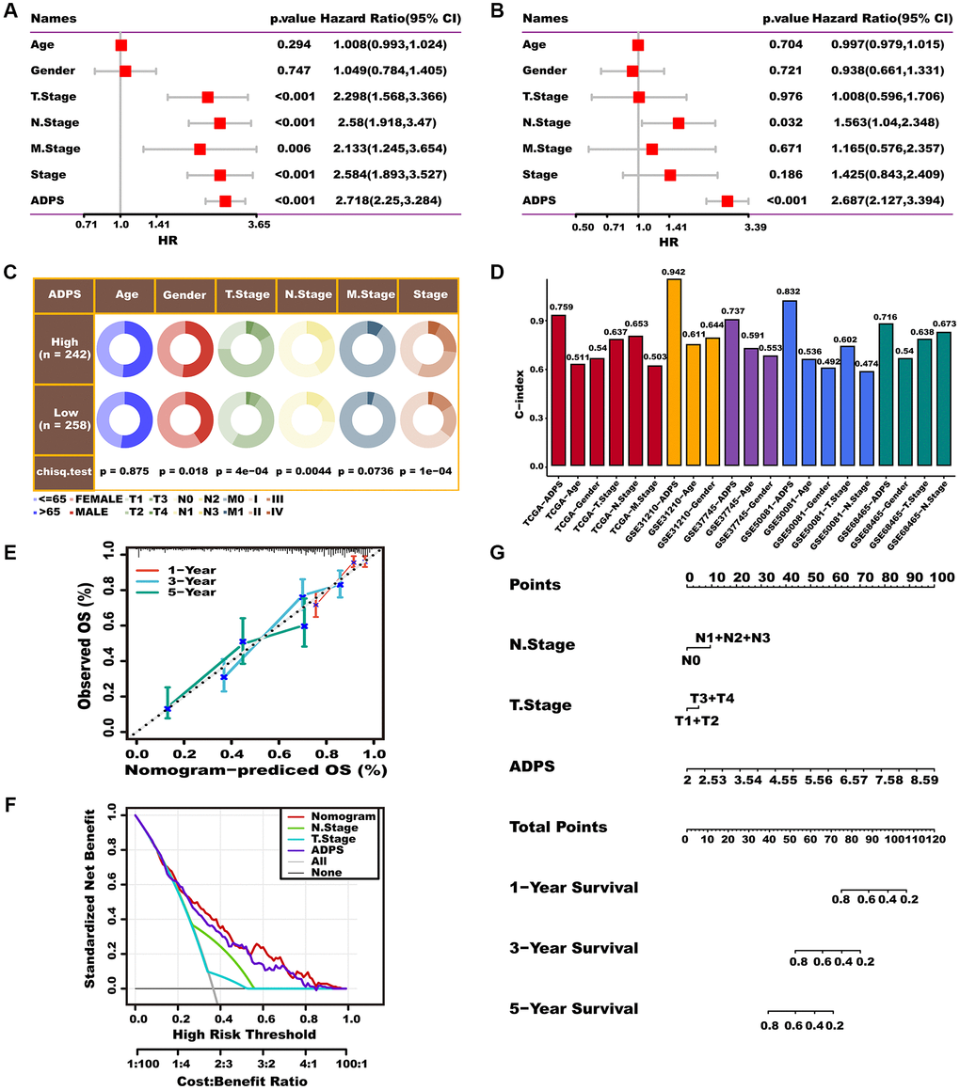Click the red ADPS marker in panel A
(225, 201)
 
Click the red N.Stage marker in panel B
(679, 123)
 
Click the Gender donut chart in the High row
(184, 351)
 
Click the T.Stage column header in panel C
(246, 294)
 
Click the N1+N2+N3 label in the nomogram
(733, 639)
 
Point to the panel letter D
(497, 273)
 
